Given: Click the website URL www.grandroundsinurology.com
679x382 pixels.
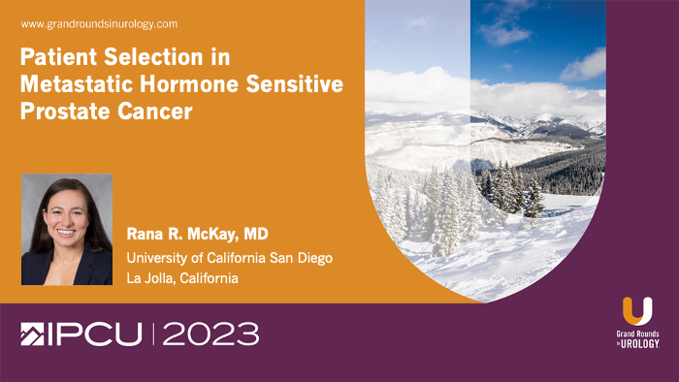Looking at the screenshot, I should [99, 23].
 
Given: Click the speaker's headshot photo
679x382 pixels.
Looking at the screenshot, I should [66, 230].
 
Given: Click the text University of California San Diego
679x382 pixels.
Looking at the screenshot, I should [230, 257].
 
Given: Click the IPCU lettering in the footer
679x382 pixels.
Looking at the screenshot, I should [92, 335].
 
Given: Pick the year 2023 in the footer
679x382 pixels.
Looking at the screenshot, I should [210, 335].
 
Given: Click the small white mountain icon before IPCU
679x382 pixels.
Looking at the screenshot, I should [31, 335].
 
